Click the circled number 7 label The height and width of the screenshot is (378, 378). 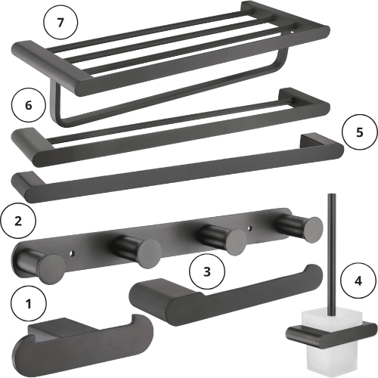60,22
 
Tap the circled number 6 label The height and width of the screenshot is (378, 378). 29,105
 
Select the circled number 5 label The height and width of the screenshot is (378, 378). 360,132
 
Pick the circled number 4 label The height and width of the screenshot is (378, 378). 358,280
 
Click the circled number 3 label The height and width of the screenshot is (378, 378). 207,271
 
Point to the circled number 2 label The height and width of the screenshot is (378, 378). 18,221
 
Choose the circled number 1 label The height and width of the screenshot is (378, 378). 29,303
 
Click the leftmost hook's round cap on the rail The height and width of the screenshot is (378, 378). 52,269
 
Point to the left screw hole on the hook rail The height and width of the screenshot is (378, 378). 73,253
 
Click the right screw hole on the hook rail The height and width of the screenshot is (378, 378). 249,228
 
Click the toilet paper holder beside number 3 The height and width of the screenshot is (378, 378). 225,297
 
